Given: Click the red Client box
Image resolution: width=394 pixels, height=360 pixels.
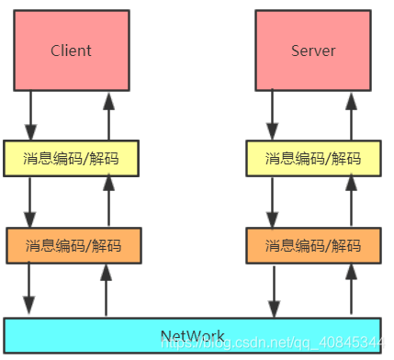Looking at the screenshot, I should click(x=71, y=50).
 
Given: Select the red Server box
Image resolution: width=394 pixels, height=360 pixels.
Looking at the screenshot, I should click(x=313, y=50).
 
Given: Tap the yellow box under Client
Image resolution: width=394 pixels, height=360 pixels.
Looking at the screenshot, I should click(x=71, y=157).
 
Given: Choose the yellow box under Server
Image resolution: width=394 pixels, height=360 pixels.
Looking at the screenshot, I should click(x=313, y=157).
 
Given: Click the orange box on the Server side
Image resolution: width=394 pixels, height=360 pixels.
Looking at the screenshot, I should click(x=313, y=245).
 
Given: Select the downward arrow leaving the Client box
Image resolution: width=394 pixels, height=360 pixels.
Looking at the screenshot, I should click(x=30, y=116).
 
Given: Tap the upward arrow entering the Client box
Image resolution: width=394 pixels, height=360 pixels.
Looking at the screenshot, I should click(x=107, y=116).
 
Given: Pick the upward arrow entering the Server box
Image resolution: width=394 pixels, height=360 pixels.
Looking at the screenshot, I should click(x=350, y=116).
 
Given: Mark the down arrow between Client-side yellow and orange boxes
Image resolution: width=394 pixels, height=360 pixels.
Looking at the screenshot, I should click(x=30, y=201).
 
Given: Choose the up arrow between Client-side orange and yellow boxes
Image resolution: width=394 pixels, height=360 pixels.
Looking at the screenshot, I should click(x=107, y=201).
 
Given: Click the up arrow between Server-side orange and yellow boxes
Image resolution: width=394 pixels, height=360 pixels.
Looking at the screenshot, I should click(x=350, y=201).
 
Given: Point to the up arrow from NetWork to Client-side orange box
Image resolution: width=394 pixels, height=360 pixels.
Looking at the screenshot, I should click(x=107, y=289).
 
